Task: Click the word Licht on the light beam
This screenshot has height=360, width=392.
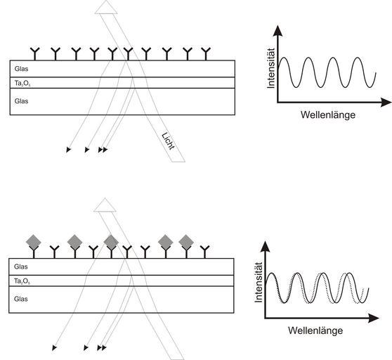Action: (x=168, y=141)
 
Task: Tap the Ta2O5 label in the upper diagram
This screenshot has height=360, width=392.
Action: (x=22, y=83)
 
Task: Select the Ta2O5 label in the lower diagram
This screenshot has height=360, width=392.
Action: (x=22, y=281)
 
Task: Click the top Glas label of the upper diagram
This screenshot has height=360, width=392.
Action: (x=21, y=69)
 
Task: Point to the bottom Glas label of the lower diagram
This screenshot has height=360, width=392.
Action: (x=21, y=299)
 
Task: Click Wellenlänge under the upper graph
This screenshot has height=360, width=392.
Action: (x=328, y=115)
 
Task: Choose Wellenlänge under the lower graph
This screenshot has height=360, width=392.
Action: (x=315, y=330)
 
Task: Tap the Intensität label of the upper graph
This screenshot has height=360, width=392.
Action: (x=271, y=68)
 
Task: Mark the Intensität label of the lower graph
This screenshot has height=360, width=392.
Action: (x=259, y=283)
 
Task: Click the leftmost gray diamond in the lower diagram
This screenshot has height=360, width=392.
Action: (x=34, y=242)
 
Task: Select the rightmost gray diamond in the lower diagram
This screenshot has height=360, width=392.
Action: (x=186, y=242)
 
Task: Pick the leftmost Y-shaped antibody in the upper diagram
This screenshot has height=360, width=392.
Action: (x=35, y=53)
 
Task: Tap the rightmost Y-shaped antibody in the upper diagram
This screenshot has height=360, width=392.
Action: (x=206, y=53)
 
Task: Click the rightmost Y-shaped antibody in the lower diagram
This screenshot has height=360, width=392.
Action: (x=204, y=252)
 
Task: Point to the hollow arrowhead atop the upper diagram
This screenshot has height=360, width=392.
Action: (x=106, y=8)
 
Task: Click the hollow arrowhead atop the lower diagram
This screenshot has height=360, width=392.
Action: (x=105, y=205)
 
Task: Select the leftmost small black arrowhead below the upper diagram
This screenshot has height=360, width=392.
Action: (x=68, y=150)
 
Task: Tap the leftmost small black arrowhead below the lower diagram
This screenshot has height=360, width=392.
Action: (x=54, y=348)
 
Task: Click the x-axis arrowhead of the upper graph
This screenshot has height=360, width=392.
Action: (x=386, y=103)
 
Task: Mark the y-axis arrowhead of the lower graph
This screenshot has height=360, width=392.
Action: (x=266, y=246)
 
